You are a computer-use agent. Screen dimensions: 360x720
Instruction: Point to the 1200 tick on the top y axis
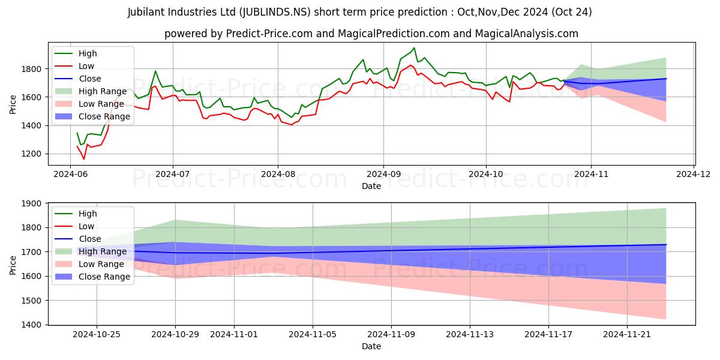[34, 154]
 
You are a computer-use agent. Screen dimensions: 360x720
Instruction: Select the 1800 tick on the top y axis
[34, 69]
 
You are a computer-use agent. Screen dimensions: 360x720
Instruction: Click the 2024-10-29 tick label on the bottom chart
[175, 334]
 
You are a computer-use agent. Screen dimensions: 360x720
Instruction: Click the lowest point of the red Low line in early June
[84, 158]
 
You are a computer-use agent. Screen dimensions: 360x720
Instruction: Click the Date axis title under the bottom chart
[371, 346]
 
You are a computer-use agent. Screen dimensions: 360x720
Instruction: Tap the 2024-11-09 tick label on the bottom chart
[391, 334]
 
